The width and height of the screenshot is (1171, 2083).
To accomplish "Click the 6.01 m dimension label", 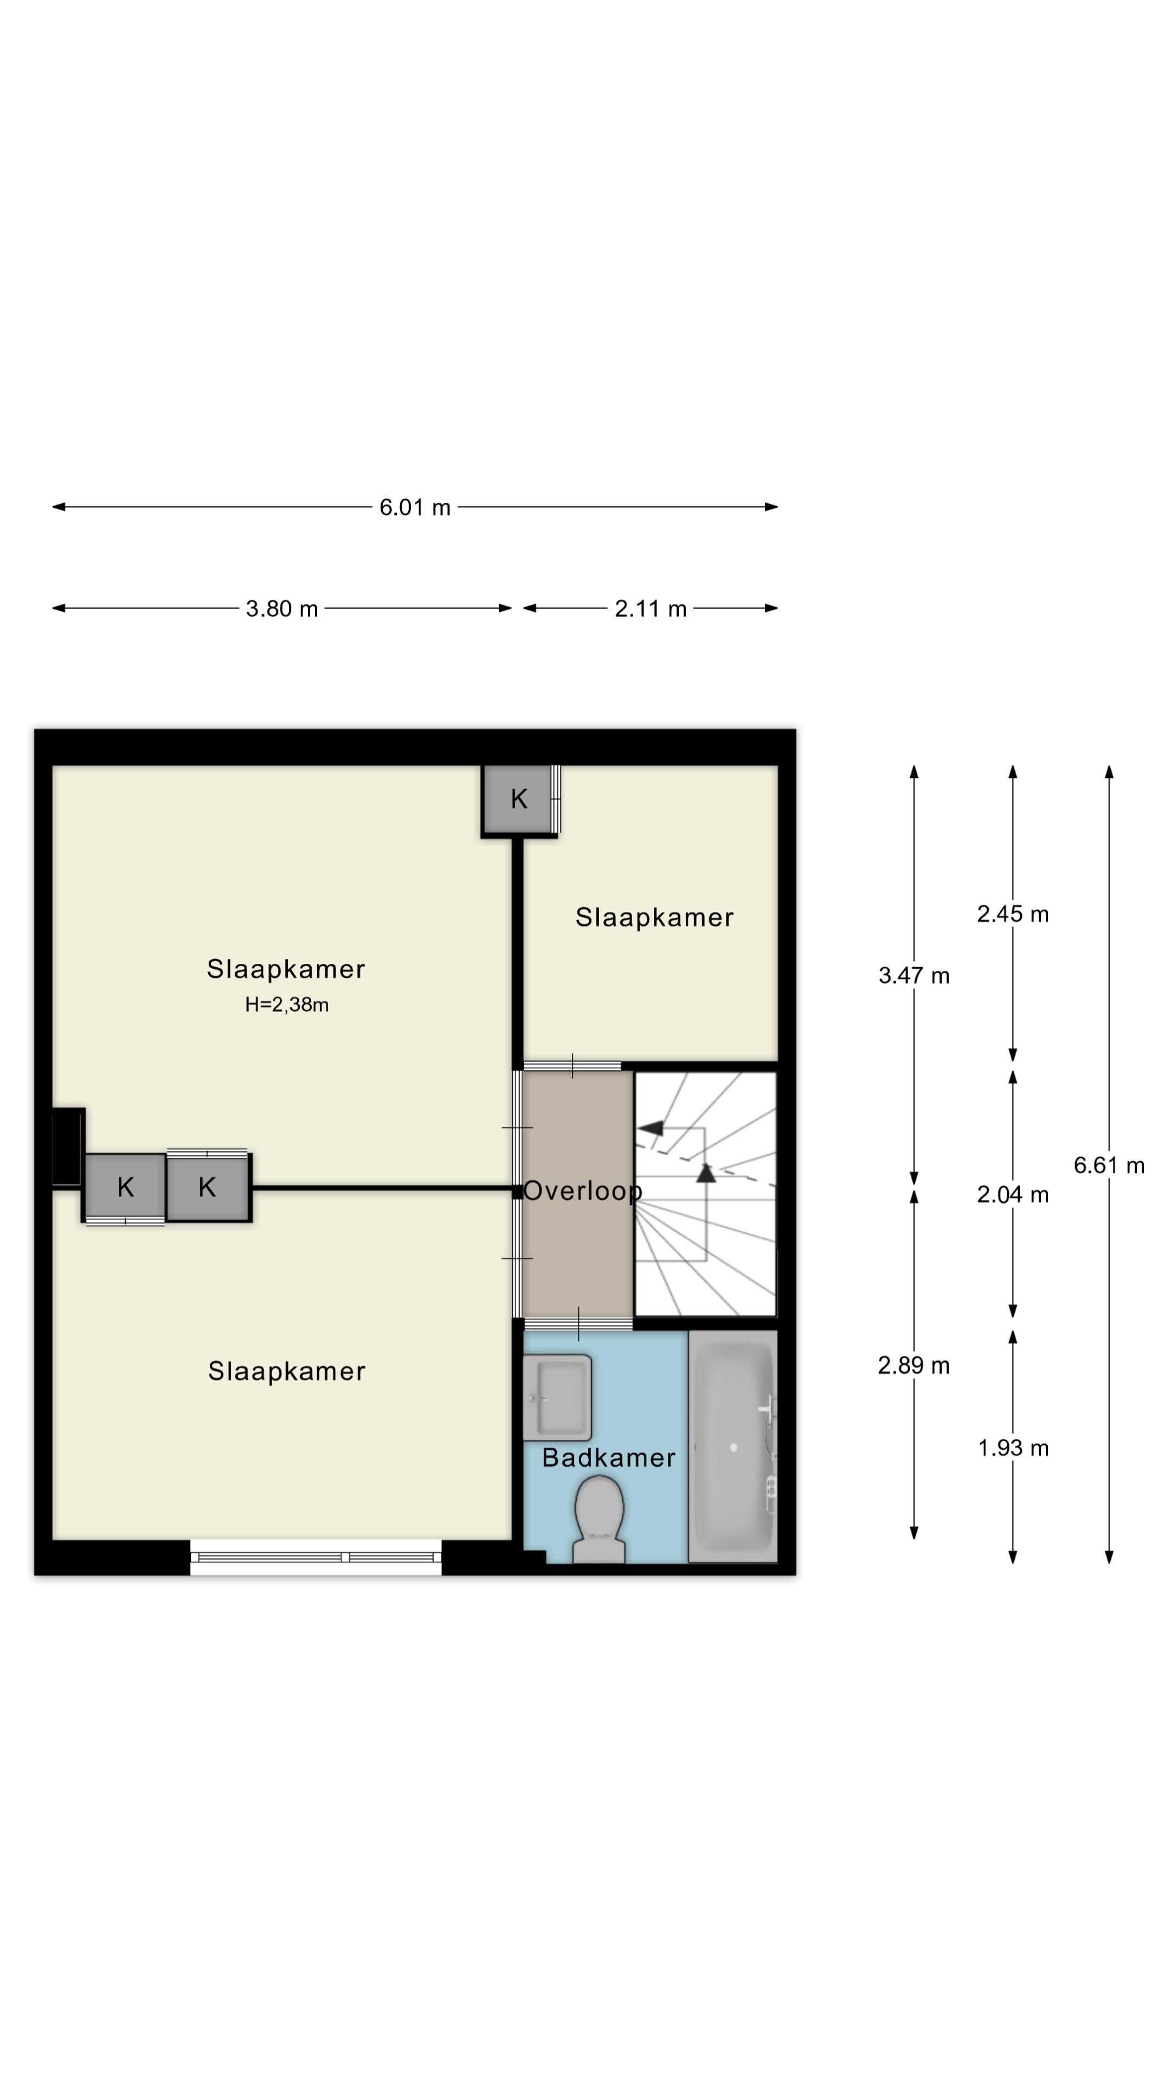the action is (415, 507).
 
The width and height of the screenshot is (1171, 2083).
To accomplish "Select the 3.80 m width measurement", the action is (281, 608).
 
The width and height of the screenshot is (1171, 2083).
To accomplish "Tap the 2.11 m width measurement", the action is (650, 608).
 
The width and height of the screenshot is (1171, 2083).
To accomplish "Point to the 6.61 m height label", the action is (1109, 1165).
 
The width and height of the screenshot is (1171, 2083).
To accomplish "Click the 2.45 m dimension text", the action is (1013, 913).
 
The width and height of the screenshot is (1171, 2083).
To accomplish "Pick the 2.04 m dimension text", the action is (1013, 1194).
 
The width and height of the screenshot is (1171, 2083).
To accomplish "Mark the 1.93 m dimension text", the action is (1013, 1447).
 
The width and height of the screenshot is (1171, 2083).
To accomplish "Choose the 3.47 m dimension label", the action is (914, 975).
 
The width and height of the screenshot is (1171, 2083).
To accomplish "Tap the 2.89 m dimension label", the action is (914, 1365).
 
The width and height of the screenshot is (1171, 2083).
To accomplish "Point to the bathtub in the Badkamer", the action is (733, 1447).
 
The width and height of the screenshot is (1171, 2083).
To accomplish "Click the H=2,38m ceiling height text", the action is (287, 1004).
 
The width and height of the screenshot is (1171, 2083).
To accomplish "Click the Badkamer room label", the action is (608, 1457).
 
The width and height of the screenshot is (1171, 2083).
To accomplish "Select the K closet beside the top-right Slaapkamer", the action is (519, 799).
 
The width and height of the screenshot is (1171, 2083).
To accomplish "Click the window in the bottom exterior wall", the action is (316, 1557).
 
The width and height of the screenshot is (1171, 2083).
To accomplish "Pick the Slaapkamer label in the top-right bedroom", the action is (654, 917).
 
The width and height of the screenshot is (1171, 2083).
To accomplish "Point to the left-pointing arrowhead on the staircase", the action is (651, 1128).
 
